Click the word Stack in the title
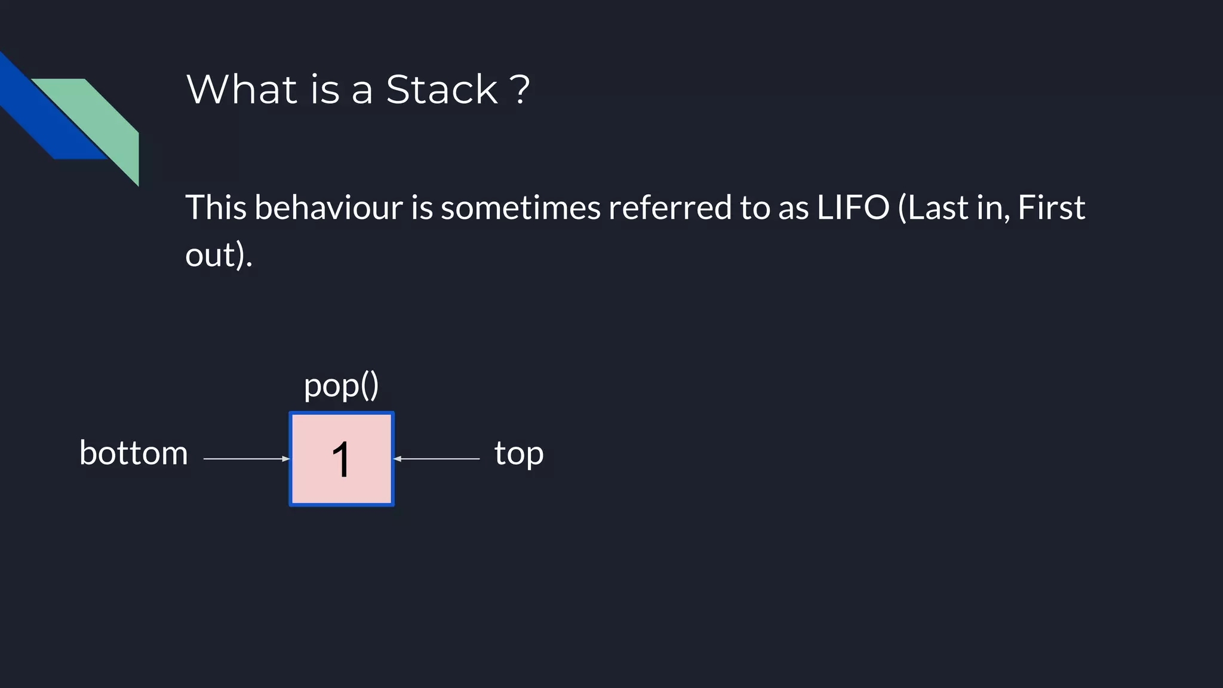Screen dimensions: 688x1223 [441, 90]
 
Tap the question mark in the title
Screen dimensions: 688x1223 [520, 90]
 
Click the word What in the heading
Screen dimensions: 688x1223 [242, 90]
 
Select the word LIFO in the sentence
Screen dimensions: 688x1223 [853, 208]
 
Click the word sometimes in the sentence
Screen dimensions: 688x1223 [520, 208]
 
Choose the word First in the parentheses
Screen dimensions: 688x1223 [1051, 208]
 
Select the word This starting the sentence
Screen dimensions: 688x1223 [216, 208]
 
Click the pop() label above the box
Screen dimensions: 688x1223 [341, 386]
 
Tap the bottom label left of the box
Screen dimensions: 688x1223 [134, 453]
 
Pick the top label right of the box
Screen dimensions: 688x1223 [519, 454]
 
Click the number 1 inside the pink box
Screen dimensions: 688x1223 [341, 459]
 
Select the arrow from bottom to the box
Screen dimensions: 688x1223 [246, 459]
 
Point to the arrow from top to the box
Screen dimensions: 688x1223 [437, 459]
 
